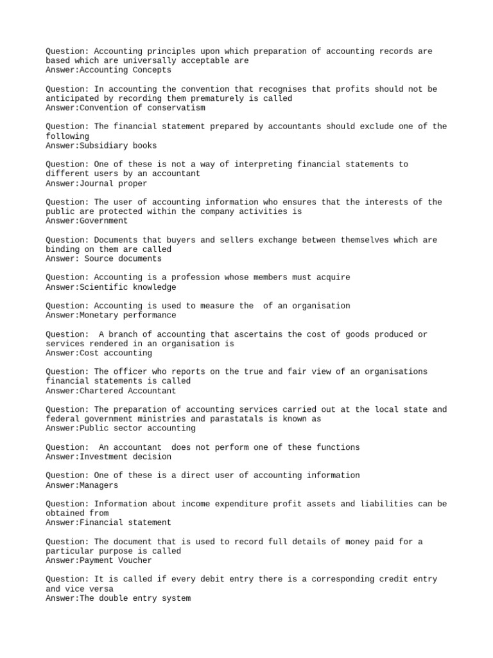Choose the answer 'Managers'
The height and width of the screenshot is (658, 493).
[99, 485]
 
